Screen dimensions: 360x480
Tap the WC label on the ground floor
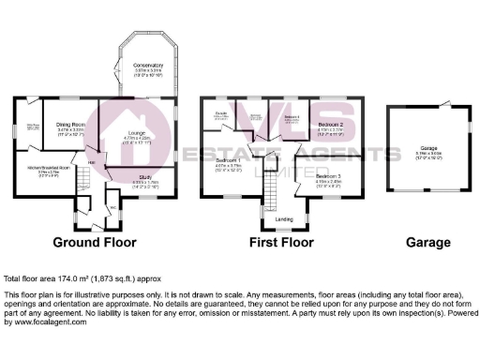(x=112, y=204)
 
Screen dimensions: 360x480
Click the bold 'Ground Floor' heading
(x=90, y=242)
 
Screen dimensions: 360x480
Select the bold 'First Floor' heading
(x=281, y=242)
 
